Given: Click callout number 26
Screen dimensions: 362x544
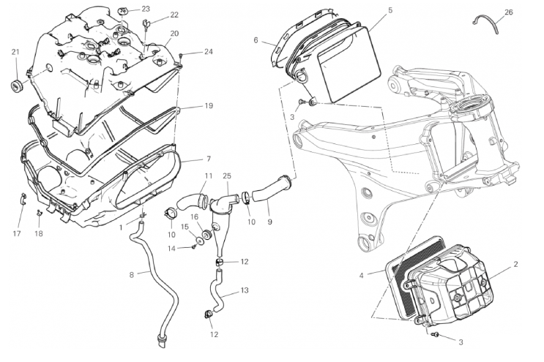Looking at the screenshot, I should click(x=509, y=12).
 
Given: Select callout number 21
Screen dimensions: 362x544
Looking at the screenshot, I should click(x=15, y=51).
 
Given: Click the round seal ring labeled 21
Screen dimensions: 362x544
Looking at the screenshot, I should click(x=15, y=88).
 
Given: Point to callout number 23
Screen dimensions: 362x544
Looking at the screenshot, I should click(x=146, y=9).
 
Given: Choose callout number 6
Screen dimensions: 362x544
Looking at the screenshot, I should click(x=256, y=40).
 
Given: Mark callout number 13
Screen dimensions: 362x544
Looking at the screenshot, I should click(x=245, y=290).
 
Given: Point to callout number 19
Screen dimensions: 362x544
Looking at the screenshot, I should click(x=209, y=106).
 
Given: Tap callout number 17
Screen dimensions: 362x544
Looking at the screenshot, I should click(x=17, y=234).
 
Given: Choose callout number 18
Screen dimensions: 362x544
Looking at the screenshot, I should click(x=39, y=234).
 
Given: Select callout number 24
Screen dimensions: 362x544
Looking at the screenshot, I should click(x=209, y=51).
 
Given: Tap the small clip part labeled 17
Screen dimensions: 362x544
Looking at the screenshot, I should click(x=23, y=197).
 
